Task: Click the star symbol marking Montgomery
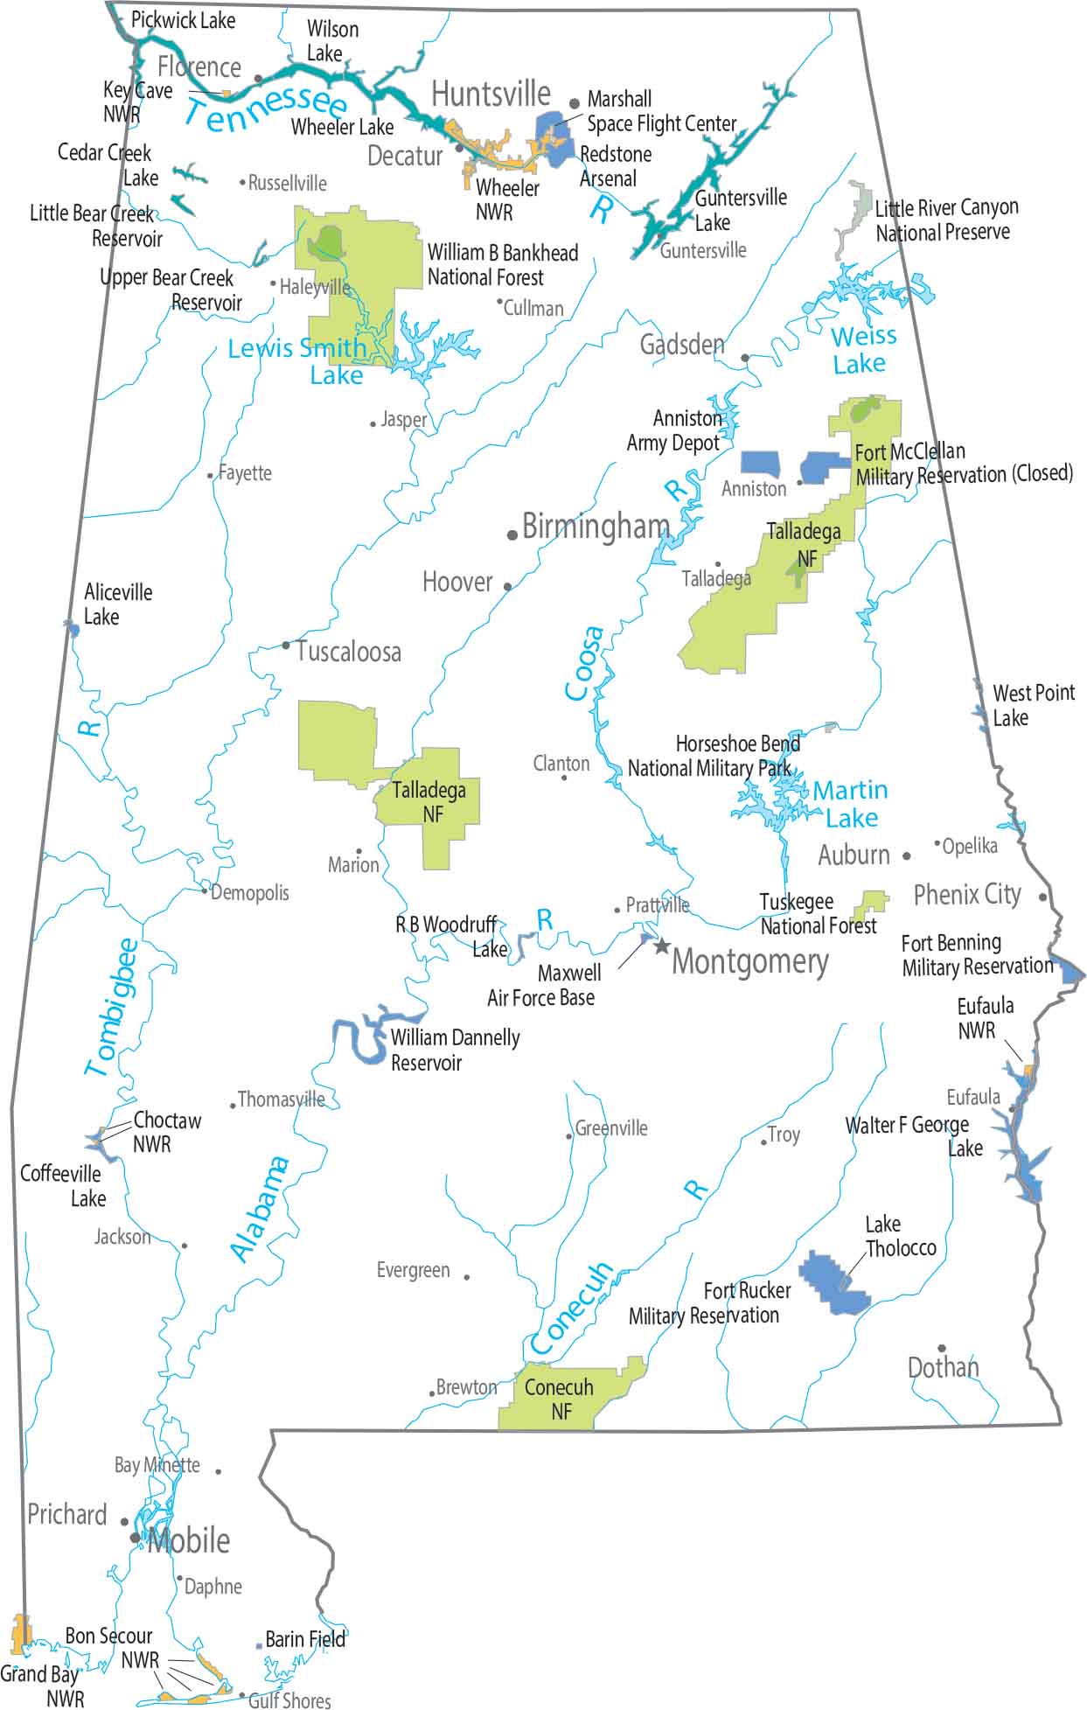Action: point(662,946)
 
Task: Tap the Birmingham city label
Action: point(596,527)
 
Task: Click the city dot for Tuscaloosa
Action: point(285,646)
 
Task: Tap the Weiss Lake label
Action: point(862,349)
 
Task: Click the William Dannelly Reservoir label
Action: point(455,1050)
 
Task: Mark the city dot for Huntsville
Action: point(575,103)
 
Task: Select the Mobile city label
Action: point(189,1540)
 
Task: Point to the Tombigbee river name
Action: point(113,1006)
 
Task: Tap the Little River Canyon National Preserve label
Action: point(946,220)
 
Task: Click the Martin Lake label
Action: point(850,804)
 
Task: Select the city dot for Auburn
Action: point(907,856)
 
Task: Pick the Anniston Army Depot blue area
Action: point(760,464)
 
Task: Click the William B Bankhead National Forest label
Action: point(502,265)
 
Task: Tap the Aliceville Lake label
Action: point(117,604)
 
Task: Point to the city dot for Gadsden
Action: point(745,358)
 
